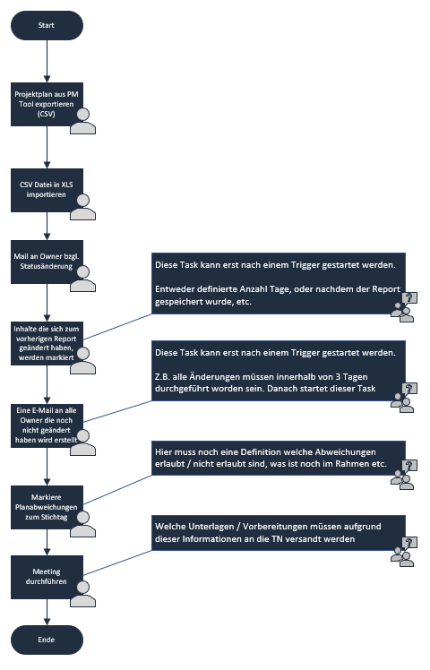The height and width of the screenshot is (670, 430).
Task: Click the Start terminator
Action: point(47,26)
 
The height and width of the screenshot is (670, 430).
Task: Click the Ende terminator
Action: point(47,640)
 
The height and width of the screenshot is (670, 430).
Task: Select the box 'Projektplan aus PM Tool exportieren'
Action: point(47,104)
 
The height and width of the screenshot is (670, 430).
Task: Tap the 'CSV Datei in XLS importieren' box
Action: point(47,190)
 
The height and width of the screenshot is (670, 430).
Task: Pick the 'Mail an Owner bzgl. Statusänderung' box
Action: point(47,262)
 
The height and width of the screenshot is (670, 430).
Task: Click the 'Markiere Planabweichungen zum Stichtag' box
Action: point(47,507)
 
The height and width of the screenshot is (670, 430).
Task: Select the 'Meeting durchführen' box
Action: point(47,577)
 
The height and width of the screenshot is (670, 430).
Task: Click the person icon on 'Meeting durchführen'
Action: point(83,594)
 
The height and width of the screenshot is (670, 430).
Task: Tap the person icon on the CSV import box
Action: point(83,207)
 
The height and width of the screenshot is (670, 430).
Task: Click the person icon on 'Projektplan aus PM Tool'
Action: point(83,121)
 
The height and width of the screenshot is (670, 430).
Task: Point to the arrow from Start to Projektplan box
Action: point(47,61)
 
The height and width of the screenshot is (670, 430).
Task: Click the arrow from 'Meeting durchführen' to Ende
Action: point(47,612)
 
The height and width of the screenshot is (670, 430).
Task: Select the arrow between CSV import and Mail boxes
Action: point(47,226)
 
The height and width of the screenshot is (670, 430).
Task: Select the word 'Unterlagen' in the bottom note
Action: point(211,527)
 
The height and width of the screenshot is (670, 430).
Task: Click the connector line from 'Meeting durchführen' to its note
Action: point(117,563)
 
